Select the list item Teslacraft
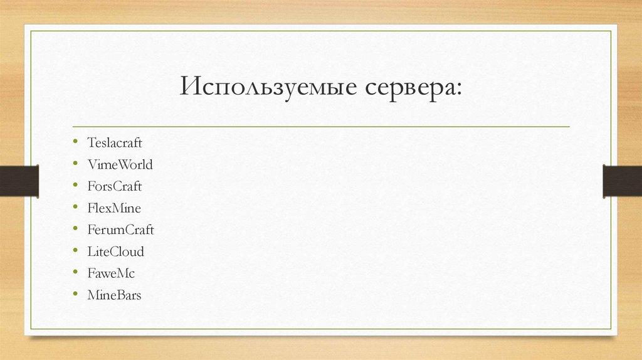click(x=115, y=144)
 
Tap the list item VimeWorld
click(x=120, y=165)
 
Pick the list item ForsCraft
click(x=115, y=187)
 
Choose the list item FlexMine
click(x=114, y=208)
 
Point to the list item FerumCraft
click(x=120, y=230)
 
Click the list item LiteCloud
click(x=116, y=251)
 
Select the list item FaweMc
click(x=111, y=273)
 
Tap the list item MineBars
click(x=115, y=295)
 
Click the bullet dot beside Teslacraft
click(x=75, y=143)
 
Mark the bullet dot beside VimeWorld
click(x=75, y=164)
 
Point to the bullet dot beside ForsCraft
click(x=75, y=186)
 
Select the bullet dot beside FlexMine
click(x=75, y=208)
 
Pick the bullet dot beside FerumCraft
click(x=75, y=230)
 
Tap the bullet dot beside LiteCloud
click(x=75, y=251)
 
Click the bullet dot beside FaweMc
click(x=75, y=273)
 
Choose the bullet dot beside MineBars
click(x=75, y=294)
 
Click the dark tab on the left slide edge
click(x=19, y=180)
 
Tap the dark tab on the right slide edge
click(x=622, y=180)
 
